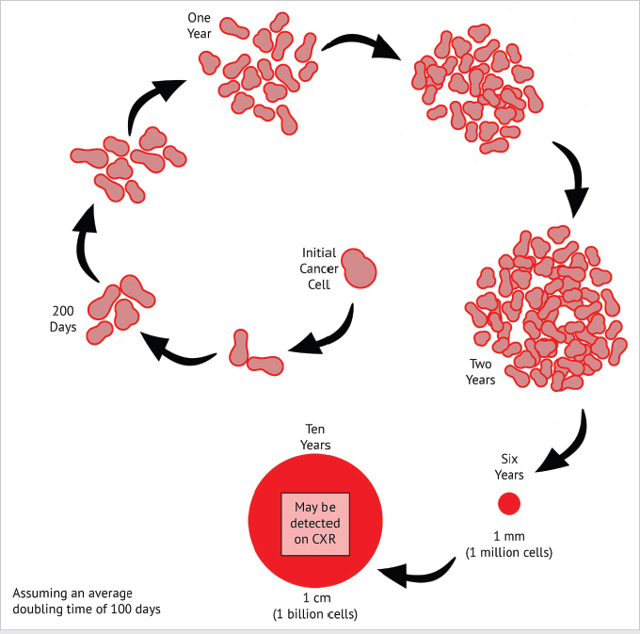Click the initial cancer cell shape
tap(358, 268)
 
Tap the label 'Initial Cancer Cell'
tap(318, 268)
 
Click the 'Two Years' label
tap(482, 371)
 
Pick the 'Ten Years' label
tap(314, 436)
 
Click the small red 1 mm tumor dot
tap(509, 503)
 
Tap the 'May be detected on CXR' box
tap(315, 523)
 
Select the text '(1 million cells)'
tap(509, 551)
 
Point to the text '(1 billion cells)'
tap(315, 614)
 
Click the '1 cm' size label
tap(315, 599)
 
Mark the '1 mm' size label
tap(509, 536)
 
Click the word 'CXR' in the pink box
tap(328, 539)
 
